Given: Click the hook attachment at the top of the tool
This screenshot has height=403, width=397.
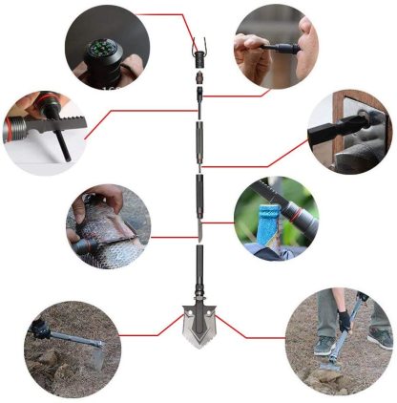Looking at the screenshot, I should (x=198, y=44).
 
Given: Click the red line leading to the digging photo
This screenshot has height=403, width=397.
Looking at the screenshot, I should (x=253, y=334).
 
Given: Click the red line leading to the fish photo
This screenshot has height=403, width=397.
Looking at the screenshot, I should (x=167, y=237).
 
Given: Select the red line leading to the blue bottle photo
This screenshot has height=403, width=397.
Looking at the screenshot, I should (x=219, y=223).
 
